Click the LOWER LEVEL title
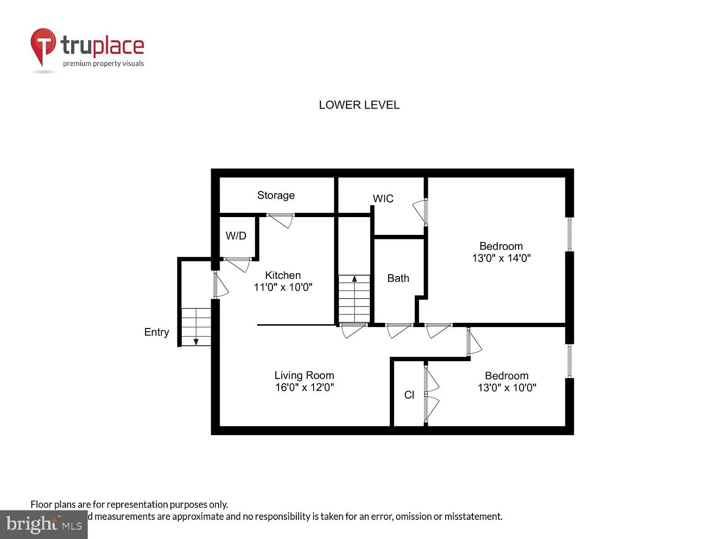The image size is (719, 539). [359, 105]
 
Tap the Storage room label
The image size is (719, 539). [276, 195]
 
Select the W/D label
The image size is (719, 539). [236, 236]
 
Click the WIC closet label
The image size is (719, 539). [383, 198]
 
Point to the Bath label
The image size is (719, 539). [398, 278]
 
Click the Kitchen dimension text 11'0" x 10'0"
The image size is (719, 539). [283, 287]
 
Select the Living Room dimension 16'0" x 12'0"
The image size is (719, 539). [304, 387]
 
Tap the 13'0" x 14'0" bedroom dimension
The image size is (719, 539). [501, 258]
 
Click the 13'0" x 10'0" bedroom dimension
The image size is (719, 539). [506, 388]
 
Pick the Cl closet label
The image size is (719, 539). [409, 395]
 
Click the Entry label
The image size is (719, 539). [156, 332]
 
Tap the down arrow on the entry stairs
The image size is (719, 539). [196, 341]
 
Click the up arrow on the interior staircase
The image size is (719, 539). [354, 279]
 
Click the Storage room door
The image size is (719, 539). [281, 219]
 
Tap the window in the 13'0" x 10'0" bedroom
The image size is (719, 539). [569, 361]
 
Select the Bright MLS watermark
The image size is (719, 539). [44, 524]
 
